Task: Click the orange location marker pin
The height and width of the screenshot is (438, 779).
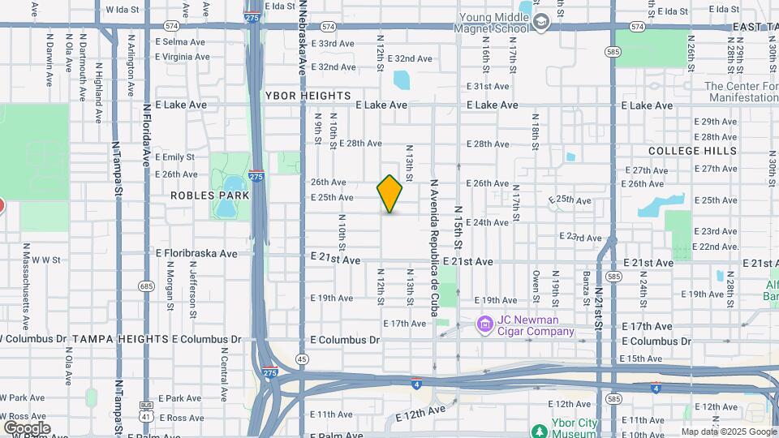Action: pos(390,194)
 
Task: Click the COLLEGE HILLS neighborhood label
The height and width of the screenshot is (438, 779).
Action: pos(692,151)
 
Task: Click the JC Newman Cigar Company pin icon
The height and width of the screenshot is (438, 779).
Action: pos(484,324)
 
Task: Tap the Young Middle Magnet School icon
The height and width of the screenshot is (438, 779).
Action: pos(541,24)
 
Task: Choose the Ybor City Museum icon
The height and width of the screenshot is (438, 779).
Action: pos(537,430)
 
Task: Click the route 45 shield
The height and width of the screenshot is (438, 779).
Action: pos(302,359)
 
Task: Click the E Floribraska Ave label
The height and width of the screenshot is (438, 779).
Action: pos(196,253)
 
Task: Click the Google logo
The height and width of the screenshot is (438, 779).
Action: pos(27,427)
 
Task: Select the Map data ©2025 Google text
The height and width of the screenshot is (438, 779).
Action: pos(729,432)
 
